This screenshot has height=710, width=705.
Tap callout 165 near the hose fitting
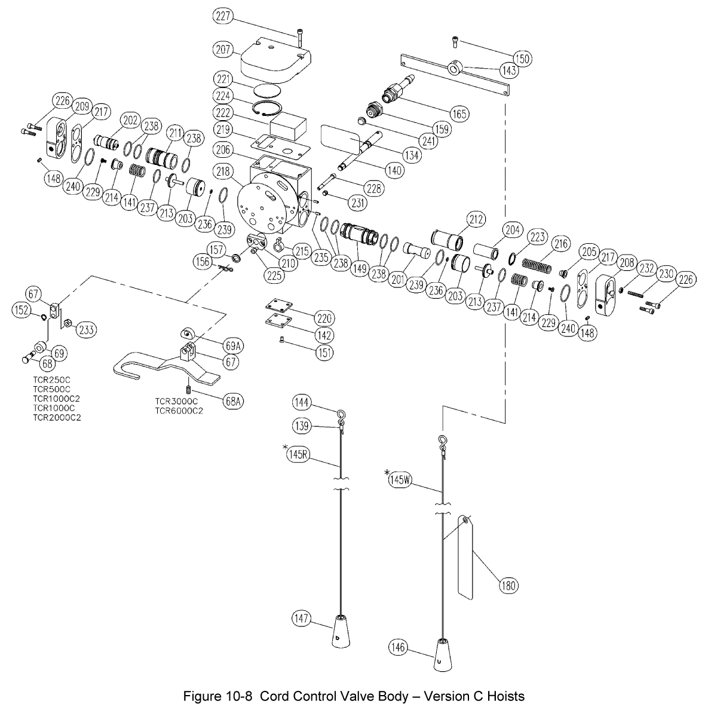click(460, 113)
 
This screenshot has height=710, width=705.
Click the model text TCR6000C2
click(178, 411)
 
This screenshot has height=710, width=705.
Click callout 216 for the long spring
click(561, 243)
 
